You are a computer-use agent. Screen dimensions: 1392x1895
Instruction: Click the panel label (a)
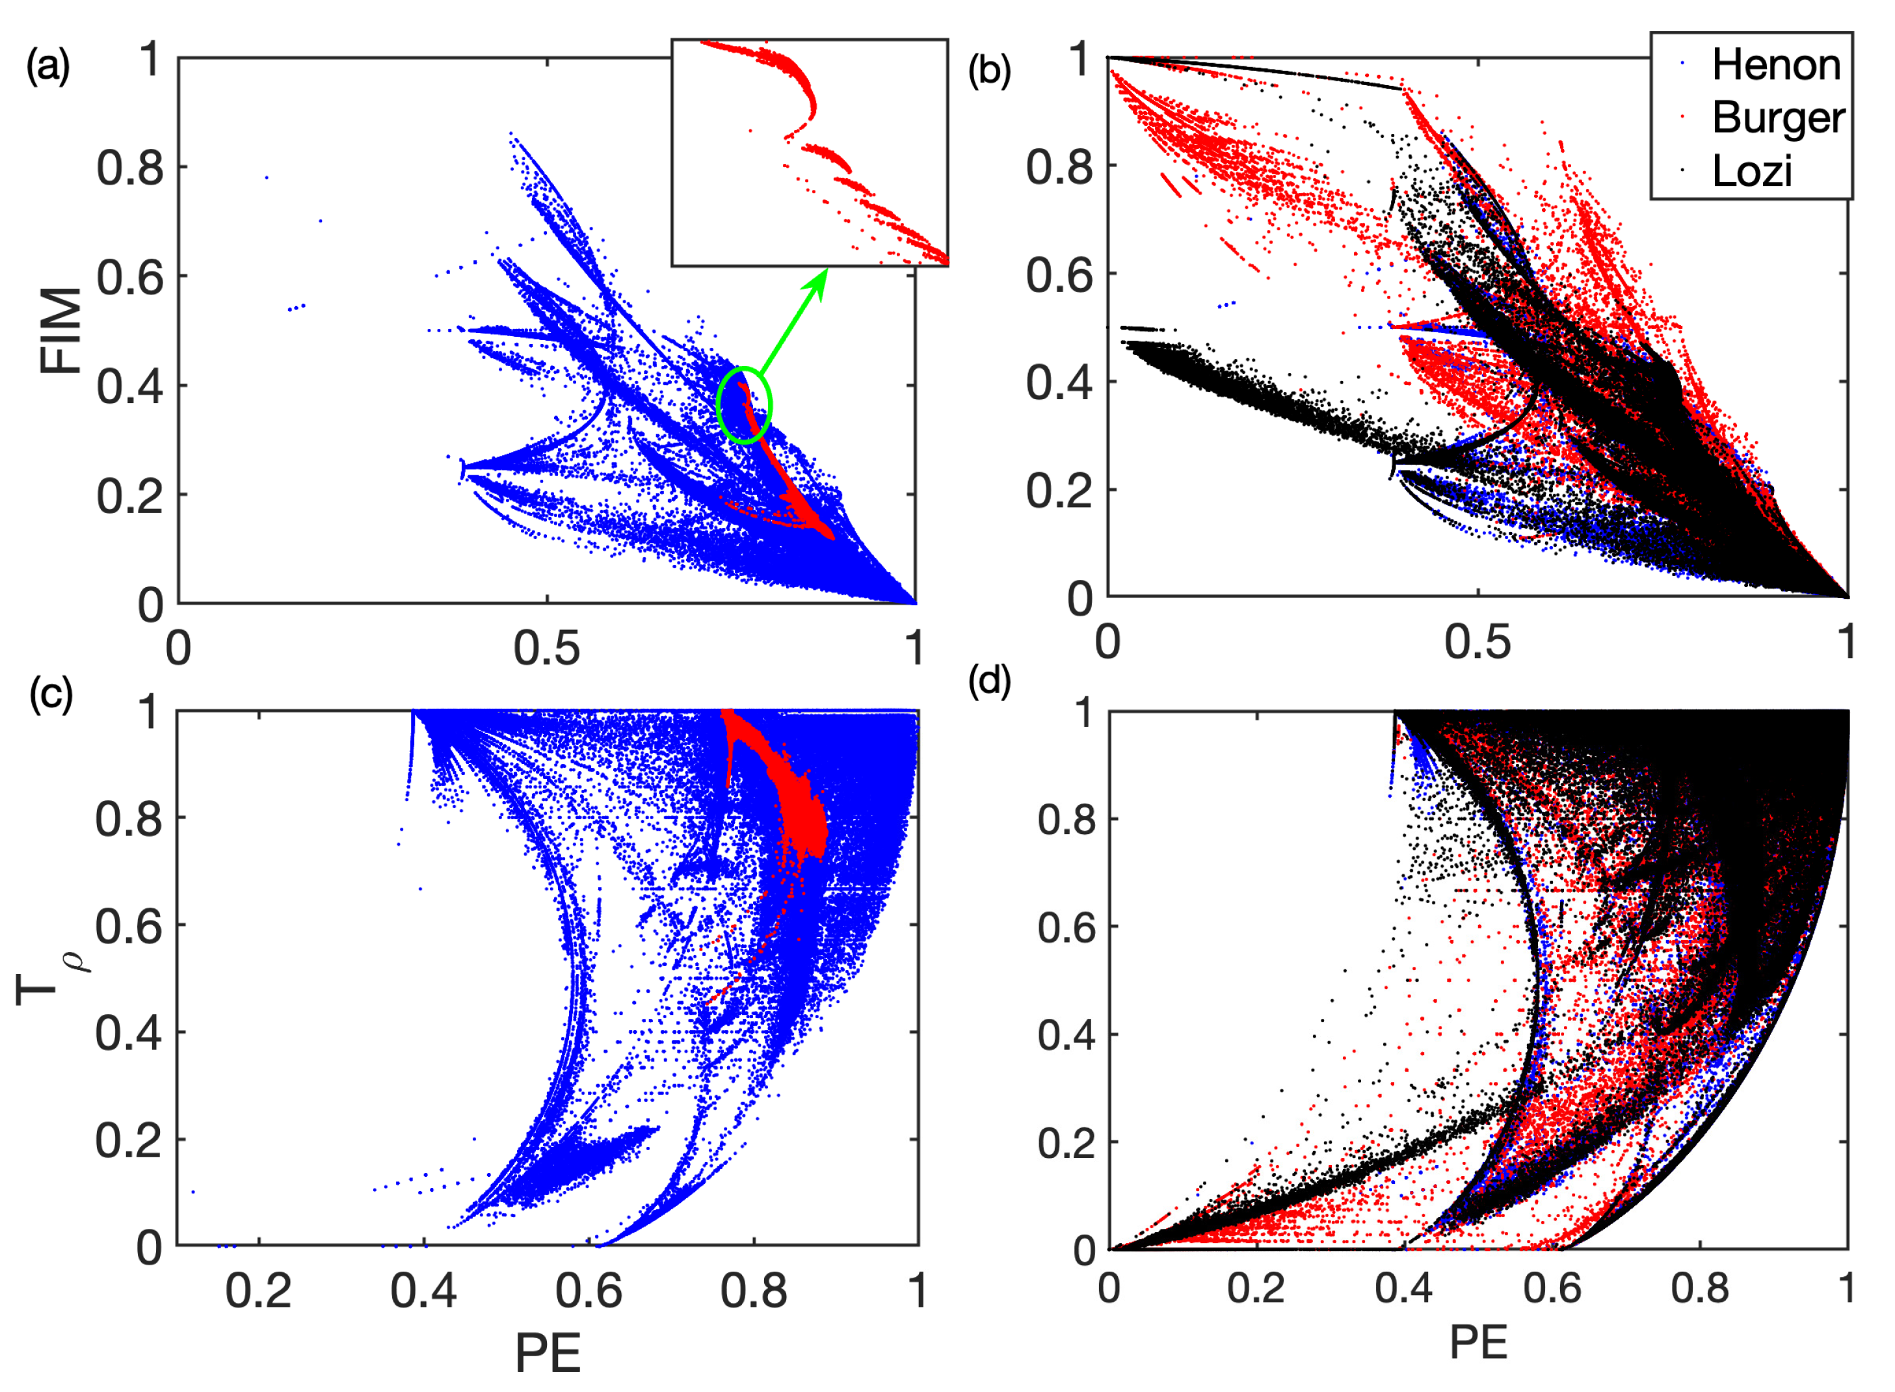tap(48, 66)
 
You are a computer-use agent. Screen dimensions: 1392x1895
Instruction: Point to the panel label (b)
tap(989, 71)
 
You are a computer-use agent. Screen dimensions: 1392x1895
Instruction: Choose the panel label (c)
tap(51, 694)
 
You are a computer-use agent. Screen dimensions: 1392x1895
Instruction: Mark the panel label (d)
tap(989, 681)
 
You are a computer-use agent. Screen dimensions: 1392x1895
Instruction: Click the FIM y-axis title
tap(60, 330)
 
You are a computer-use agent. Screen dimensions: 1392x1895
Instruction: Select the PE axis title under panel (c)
tap(548, 1354)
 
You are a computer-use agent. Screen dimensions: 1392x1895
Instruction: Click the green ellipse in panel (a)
tap(745, 405)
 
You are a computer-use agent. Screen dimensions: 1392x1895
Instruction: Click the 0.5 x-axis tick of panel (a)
tap(547, 649)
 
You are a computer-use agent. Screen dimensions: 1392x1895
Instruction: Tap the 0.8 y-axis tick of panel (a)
tap(130, 168)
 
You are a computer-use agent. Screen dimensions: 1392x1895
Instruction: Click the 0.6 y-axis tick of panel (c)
tap(128, 926)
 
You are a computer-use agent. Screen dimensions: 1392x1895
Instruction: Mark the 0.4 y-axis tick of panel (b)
tap(1059, 382)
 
